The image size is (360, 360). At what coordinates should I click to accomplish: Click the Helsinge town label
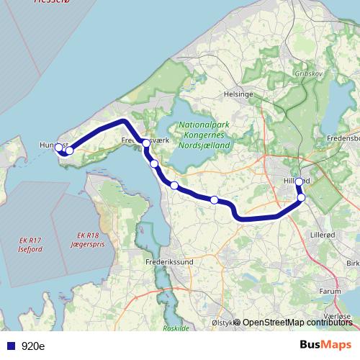(238, 94)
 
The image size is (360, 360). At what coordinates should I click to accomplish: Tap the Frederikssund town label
(169, 264)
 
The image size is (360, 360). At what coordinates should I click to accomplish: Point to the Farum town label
(329, 292)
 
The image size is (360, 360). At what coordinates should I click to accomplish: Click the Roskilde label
(176, 328)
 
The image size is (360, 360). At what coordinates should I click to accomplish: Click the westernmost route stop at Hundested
(60, 148)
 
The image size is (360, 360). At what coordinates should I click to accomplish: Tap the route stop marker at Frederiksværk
(146, 143)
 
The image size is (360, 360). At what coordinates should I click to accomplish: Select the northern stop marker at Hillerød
(300, 182)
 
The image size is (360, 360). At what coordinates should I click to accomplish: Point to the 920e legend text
(33, 346)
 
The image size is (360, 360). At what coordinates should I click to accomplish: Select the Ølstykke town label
(222, 322)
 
